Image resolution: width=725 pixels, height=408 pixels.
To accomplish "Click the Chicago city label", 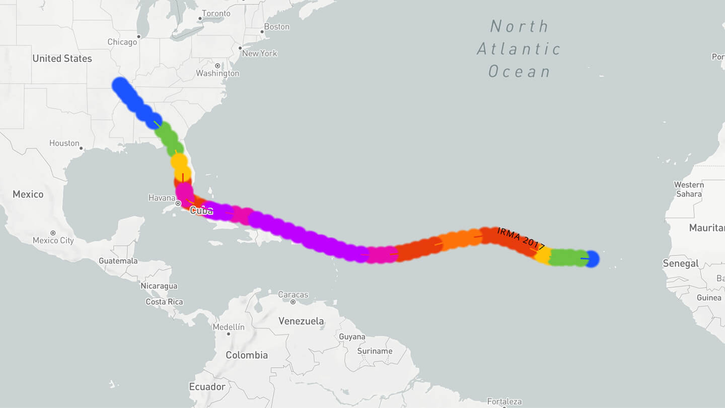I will pyautogui.click(x=122, y=42).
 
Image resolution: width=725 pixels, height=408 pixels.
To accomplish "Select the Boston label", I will pyautogui.click(x=277, y=27).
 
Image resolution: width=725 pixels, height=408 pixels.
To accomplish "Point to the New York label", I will pyautogui.click(x=260, y=53).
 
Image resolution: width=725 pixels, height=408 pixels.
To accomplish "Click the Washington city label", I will pyautogui.click(x=217, y=73).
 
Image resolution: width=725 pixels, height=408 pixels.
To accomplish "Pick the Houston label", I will pyautogui.click(x=64, y=143).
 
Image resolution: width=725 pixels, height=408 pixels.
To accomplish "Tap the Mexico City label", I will pyautogui.click(x=53, y=240).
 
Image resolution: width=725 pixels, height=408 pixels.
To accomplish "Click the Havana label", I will pyautogui.click(x=162, y=198).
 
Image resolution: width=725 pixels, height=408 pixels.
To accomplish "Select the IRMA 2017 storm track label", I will pyautogui.click(x=521, y=239).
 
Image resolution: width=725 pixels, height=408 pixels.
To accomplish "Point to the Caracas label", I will pyautogui.click(x=293, y=295).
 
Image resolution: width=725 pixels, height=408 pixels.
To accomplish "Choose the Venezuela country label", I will pyautogui.click(x=301, y=321).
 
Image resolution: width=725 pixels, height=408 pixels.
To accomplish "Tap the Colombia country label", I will pyautogui.click(x=247, y=355).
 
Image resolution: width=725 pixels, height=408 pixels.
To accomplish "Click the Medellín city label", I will pyautogui.click(x=229, y=327).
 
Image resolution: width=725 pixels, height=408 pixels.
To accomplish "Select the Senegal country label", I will pyautogui.click(x=681, y=263).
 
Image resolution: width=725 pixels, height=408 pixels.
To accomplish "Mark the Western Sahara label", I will pyautogui.click(x=689, y=189).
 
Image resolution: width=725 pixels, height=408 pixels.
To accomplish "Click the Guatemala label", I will pyautogui.click(x=118, y=261).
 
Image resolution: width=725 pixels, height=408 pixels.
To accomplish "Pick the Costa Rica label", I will pyautogui.click(x=164, y=302).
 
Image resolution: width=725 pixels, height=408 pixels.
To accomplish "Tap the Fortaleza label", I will pyautogui.click(x=504, y=402).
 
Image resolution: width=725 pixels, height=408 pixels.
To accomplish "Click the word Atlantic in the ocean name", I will pyautogui.click(x=519, y=49).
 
